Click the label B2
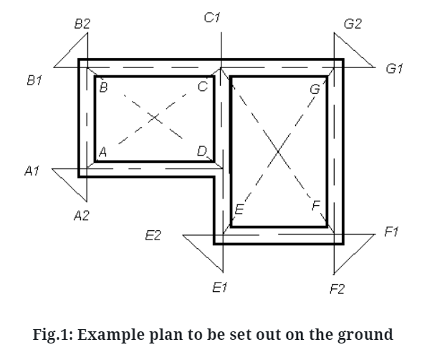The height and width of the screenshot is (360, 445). click(82, 24)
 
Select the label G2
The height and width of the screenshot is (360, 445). click(353, 24)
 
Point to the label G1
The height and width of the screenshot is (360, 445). click(395, 69)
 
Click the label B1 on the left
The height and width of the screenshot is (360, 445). click(34, 81)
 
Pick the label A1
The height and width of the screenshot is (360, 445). click(32, 171)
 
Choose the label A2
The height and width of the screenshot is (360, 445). click(81, 216)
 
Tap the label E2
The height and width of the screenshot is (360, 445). click(153, 236)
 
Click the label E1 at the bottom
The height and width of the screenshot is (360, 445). click(220, 288)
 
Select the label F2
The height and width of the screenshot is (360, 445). click(337, 289)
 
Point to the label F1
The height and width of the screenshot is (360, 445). click(391, 232)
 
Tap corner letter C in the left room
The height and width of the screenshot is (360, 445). click(203, 87)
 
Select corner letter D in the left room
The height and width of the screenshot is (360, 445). click(202, 151)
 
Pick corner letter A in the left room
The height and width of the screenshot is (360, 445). click(102, 151)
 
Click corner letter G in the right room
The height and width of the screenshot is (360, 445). click(315, 89)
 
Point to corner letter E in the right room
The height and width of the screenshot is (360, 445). click(239, 209)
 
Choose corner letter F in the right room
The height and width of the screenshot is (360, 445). click(316, 207)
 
